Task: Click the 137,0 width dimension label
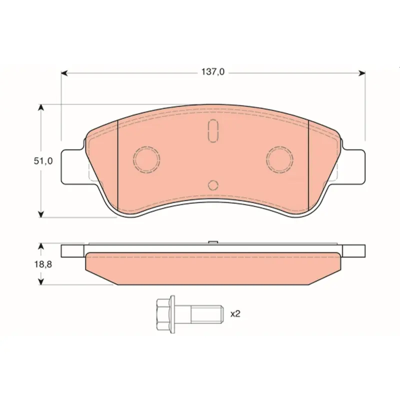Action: click(x=213, y=72)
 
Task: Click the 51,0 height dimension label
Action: click(x=43, y=161)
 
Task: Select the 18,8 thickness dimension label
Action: click(x=43, y=264)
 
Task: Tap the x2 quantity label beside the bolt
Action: click(x=235, y=314)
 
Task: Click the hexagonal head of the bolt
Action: click(x=163, y=314)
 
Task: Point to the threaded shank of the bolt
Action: click(x=207, y=314)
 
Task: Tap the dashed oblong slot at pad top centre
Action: click(x=213, y=131)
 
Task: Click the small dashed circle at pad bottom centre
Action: click(x=213, y=185)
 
